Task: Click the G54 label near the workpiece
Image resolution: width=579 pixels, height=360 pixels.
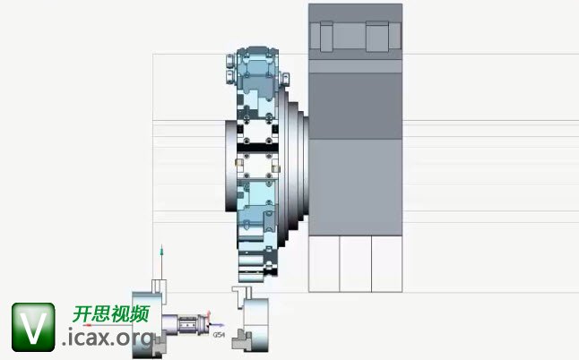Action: point(219,335)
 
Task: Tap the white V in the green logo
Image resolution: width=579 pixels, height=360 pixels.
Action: point(33,327)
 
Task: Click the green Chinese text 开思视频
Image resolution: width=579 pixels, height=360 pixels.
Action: point(111,314)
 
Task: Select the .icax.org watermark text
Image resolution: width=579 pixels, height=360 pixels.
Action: point(108,338)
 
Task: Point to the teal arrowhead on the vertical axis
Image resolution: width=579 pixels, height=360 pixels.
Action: point(161,252)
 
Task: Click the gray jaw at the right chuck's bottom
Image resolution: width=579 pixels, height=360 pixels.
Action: point(242,340)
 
